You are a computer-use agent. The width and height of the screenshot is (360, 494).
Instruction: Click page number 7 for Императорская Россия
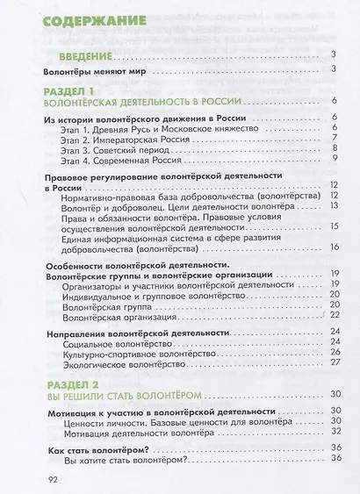(335, 138)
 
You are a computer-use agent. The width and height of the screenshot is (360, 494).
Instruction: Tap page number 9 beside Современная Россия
(335, 160)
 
